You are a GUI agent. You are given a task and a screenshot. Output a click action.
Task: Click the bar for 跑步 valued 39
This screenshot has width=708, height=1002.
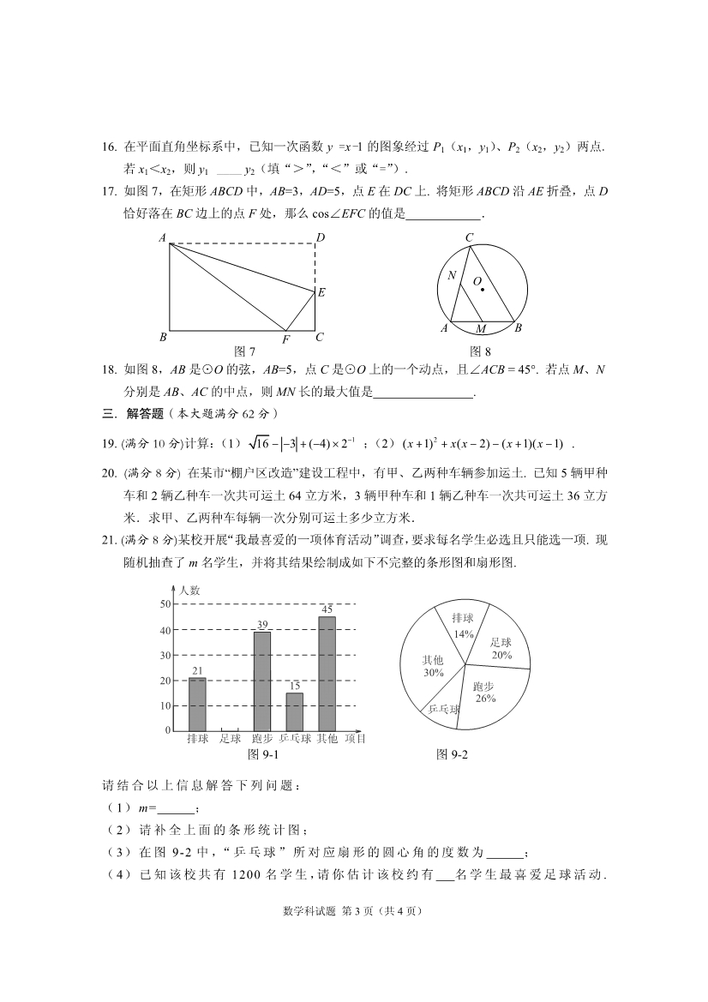(x=262, y=681)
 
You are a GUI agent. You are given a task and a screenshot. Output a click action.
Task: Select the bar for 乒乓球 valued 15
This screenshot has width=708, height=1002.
(x=295, y=711)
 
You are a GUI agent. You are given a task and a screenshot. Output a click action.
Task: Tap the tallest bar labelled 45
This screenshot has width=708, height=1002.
(x=327, y=673)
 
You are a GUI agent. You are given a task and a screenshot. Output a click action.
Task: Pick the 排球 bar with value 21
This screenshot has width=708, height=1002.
(x=197, y=704)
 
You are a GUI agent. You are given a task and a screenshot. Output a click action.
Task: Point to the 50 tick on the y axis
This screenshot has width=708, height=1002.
(x=165, y=604)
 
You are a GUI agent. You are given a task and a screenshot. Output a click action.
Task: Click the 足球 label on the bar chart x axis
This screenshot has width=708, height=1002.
(x=230, y=739)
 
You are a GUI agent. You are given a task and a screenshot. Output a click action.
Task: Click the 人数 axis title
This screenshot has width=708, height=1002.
(x=189, y=590)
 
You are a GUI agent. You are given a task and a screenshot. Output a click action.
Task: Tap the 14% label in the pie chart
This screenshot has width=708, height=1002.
(x=464, y=634)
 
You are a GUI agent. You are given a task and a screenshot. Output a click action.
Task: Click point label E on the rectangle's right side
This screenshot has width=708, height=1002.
(x=321, y=292)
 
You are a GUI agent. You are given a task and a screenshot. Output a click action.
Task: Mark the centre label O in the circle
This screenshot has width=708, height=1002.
(x=477, y=281)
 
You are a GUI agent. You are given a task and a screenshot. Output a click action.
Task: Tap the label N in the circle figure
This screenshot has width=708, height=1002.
(x=452, y=275)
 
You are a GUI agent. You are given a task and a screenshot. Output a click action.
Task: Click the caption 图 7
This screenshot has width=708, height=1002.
(x=245, y=351)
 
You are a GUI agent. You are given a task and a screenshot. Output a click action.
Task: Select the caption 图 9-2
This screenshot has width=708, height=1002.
(x=453, y=754)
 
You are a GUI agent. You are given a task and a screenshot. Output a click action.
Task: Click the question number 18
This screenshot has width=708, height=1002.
(x=108, y=369)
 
